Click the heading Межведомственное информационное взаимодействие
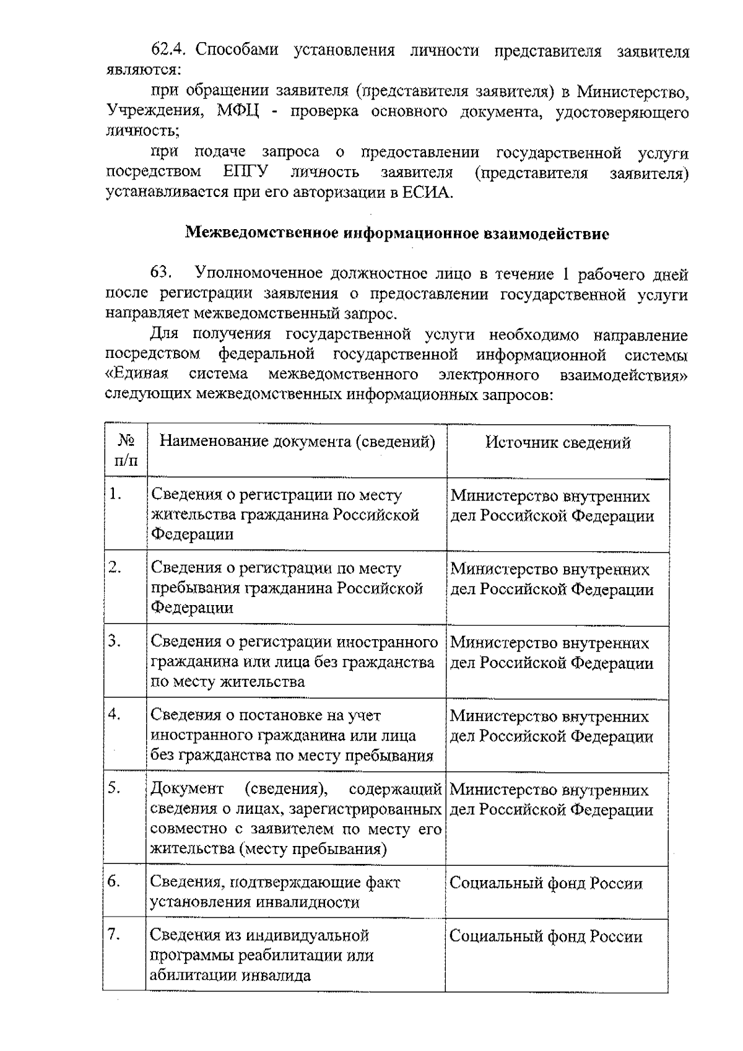point(397,234)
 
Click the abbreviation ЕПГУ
point(243,172)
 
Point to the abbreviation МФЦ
point(241,111)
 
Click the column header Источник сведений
point(558,442)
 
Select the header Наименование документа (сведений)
point(297,442)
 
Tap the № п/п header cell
point(126,451)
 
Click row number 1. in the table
point(115,494)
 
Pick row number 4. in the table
point(115,714)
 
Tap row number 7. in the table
point(115,935)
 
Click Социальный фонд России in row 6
point(545,883)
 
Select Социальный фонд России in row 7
point(545,936)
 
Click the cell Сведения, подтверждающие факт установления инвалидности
point(276,892)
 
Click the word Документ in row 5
point(188,789)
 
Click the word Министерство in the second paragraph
point(632,92)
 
